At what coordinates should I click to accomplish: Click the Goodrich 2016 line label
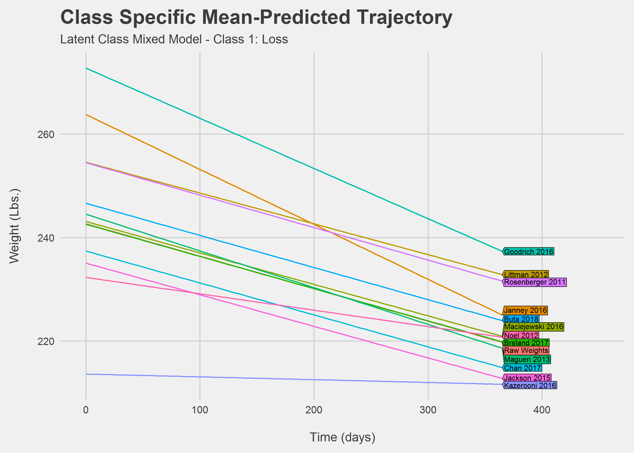(529, 252)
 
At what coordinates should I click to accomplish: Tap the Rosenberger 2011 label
(535, 282)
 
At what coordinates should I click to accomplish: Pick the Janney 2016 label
(525, 310)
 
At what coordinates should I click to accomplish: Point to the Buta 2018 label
(521, 319)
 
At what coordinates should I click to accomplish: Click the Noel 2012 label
(521, 335)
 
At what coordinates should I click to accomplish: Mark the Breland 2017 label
(526, 343)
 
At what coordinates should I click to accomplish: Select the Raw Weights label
(526, 350)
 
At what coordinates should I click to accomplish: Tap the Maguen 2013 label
(527, 359)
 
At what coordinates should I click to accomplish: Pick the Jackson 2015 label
(527, 378)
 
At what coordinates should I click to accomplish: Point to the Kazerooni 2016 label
(530, 386)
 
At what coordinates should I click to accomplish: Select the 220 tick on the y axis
(46, 341)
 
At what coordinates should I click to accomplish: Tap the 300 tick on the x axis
(428, 410)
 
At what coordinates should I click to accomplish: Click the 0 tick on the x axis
(86, 410)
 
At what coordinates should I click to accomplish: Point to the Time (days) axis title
(342, 437)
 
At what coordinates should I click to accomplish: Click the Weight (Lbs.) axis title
(14, 226)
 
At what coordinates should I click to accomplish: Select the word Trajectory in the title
(404, 17)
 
